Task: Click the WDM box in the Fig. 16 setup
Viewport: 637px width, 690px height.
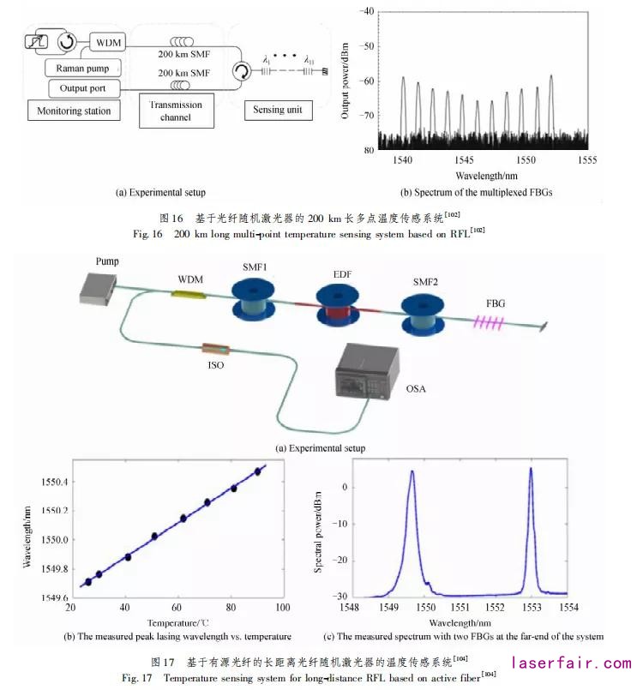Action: tap(107, 41)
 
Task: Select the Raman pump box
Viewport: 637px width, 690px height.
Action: tap(82, 67)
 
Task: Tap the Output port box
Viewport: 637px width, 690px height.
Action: tap(81, 88)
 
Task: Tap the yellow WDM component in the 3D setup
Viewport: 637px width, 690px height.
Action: tap(188, 295)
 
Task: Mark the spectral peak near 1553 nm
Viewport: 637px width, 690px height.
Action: tap(531, 469)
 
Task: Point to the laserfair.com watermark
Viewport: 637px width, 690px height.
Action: tap(570, 663)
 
